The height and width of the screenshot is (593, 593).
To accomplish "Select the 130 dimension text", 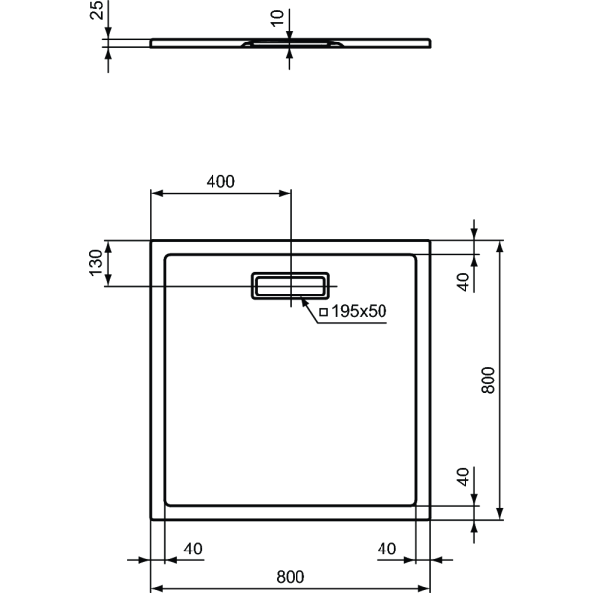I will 95,263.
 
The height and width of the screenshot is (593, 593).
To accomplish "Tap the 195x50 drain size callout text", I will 358,311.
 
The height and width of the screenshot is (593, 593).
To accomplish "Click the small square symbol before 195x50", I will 323,311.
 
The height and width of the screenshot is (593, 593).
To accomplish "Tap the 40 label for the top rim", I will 462,280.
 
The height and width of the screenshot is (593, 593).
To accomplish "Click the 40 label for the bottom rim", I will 462,478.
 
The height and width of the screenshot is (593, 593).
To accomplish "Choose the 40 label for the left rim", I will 192,549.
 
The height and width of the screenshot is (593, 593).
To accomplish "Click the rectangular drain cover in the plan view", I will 291,285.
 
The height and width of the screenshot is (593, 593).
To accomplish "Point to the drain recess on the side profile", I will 291,44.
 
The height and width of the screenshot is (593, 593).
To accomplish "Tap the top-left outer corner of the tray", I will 150,239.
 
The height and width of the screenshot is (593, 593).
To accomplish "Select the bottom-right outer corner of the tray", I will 432,518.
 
